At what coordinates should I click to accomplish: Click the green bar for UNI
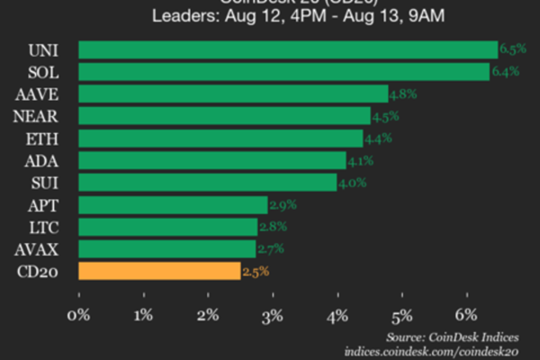tap(288, 49)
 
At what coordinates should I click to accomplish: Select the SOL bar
tap(284, 72)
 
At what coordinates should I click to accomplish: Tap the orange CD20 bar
tap(159, 270)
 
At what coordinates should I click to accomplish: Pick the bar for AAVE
tap(233, 94)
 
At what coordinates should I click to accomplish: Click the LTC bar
tap(168, 226)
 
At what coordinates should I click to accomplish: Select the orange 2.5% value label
tap(255, 270)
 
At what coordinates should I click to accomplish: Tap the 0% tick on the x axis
tap(79, 315)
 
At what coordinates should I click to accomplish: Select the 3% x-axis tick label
tap(273, 315)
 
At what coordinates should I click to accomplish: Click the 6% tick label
tap(466, 315)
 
